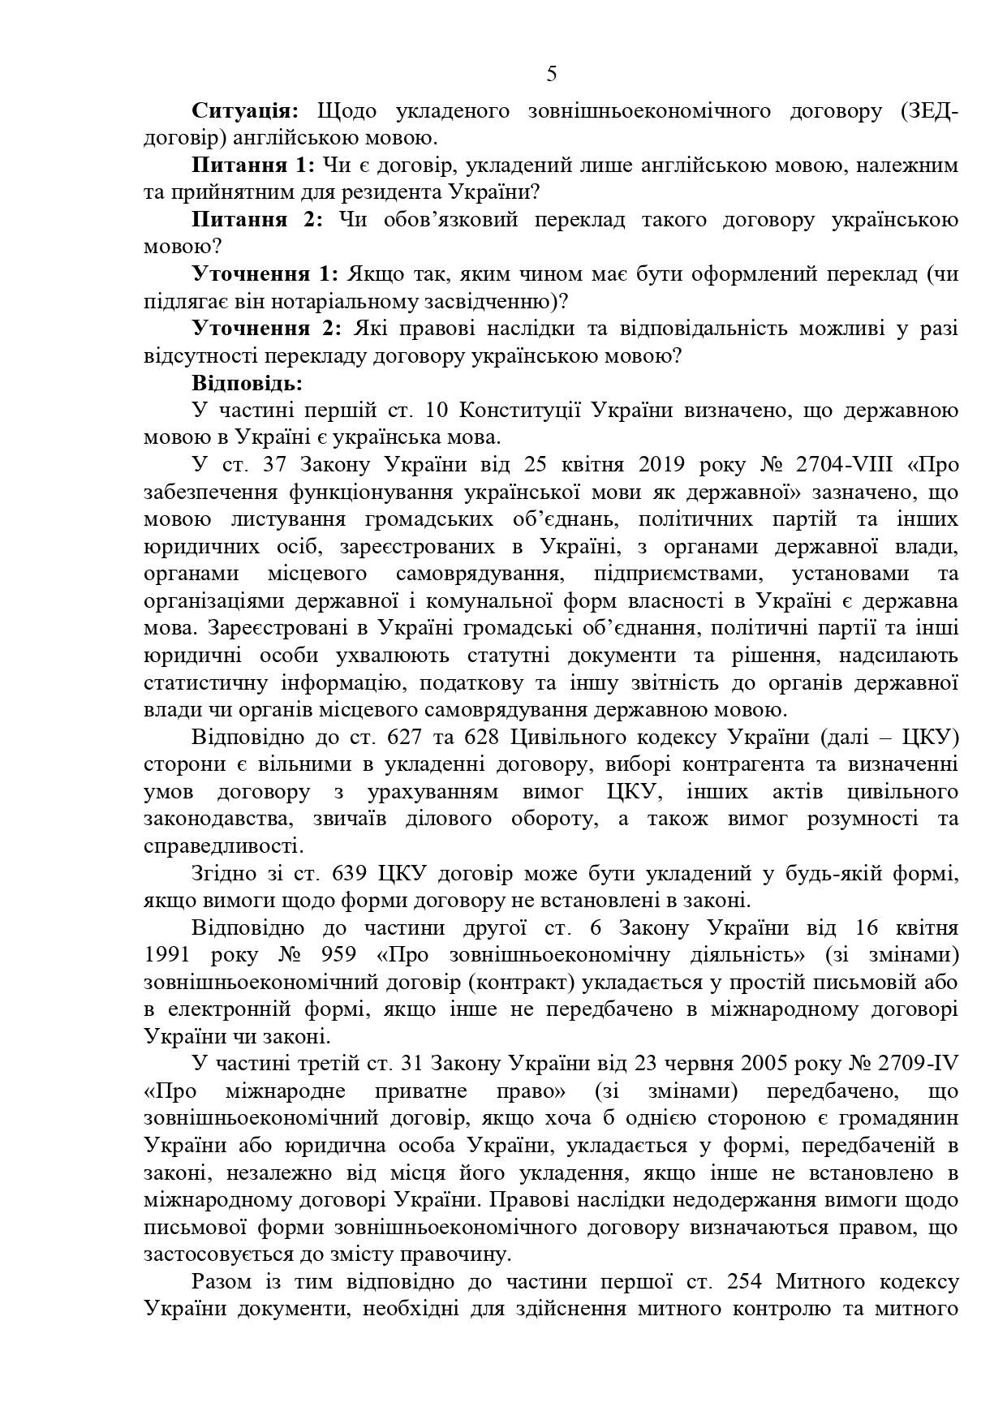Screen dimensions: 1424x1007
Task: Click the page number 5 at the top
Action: (x=552, y=75)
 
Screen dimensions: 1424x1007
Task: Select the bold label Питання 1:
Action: (x=253, y=166)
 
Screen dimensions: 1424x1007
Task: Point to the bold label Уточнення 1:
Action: (x=263, y=274)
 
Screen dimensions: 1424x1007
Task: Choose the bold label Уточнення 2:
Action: (x=263, y=329)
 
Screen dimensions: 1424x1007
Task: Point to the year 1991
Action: (x=168, y=954)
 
